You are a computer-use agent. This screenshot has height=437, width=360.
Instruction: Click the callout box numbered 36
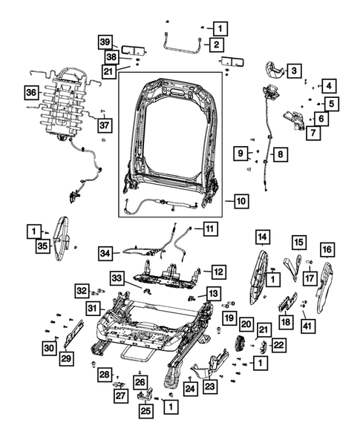pyautogui.click(x=30, y=93)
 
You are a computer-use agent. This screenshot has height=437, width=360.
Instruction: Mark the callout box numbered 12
pyautogui.click(x=217, y=272)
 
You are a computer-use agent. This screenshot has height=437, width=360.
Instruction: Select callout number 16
pyautogui.click(x=327, y=250)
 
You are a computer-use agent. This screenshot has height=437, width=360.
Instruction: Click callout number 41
pyautogui.click(x=307, y=324)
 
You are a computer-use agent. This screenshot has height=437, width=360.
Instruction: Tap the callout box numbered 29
pyautogui.click(x=67, y=359)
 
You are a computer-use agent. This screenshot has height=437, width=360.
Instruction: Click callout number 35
pyautogui.click(x=43, y=246)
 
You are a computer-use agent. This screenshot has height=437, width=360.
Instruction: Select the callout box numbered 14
pyautogui.click(x=262, y=237)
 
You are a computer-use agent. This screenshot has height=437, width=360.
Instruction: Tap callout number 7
pyautogui.click(x=314, y=133)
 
